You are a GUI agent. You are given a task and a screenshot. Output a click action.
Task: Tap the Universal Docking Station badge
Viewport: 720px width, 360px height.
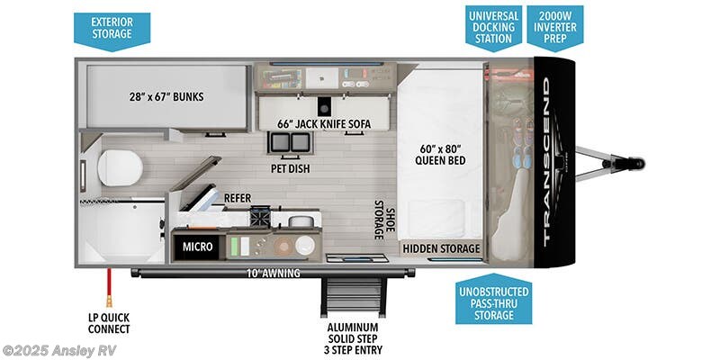(493, 28)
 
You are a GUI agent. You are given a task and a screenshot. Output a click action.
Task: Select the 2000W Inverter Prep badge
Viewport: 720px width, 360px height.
(555, 28)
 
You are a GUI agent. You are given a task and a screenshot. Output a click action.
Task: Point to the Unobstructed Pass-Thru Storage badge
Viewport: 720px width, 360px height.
(493, 300)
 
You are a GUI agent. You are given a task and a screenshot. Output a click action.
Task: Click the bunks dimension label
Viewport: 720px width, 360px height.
(166, 97)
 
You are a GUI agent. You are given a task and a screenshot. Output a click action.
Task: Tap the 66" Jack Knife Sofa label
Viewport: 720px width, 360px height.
(324, 124)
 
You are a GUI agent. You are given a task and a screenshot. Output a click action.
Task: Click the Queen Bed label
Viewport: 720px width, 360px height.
(440, 154)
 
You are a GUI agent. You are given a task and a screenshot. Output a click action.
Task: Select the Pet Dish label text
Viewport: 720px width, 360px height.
(290, 169)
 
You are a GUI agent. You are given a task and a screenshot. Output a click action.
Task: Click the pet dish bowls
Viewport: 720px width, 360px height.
(290, 143)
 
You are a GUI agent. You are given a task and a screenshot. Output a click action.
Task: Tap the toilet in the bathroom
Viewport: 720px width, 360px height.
(120, 168)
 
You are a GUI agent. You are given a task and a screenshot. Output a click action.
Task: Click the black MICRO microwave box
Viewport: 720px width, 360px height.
(198, 247)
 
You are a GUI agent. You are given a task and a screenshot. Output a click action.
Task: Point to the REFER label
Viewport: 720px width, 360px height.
(238, 198)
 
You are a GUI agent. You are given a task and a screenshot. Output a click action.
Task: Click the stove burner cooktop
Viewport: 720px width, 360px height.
(261, 217)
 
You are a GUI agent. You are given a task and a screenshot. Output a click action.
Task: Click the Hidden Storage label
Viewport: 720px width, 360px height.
(441, 249)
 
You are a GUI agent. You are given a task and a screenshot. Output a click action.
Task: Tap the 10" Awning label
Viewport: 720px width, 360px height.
(273, 274)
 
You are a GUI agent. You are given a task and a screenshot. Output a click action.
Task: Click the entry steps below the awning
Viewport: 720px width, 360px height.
(354, 296)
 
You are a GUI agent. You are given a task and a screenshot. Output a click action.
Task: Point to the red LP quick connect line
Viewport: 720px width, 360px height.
(109, 288)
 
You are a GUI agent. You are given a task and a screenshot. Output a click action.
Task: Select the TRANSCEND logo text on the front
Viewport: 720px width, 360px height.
(553, 162)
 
